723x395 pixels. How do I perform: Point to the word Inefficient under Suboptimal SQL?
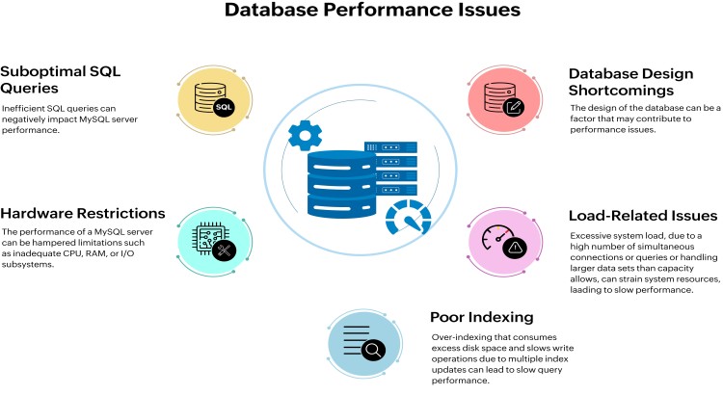(x=23, y=107)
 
